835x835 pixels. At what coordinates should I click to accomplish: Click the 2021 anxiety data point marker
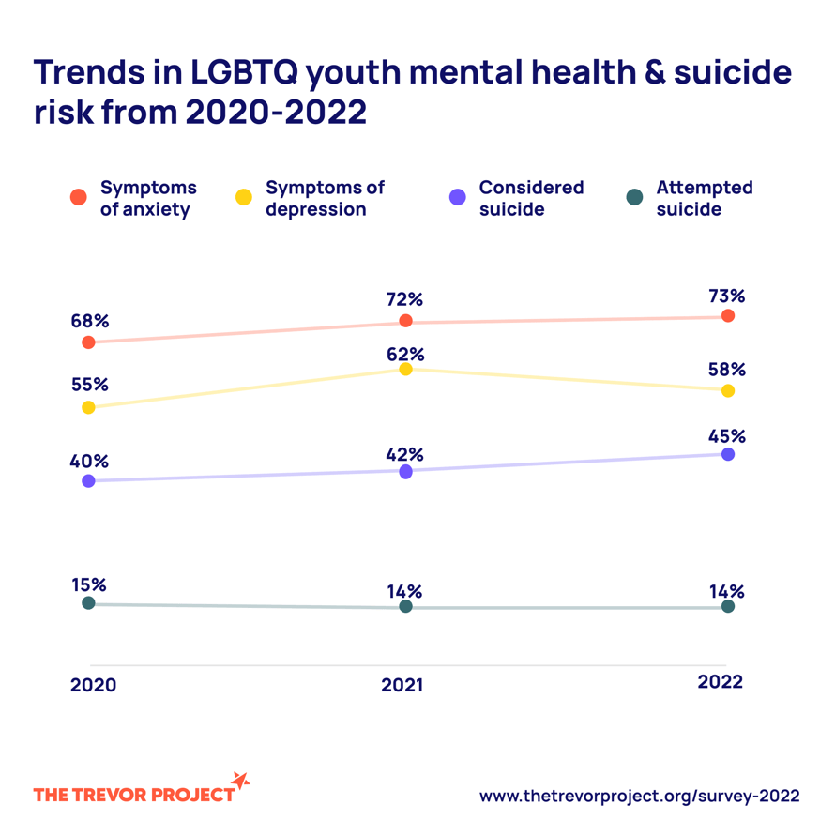405,321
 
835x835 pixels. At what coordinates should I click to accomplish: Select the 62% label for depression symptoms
405,355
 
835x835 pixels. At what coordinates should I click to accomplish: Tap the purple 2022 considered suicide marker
728,454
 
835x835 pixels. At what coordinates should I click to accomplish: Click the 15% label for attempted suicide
89,584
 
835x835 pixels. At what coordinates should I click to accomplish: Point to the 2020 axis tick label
93,685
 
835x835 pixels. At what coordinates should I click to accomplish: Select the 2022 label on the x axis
720,682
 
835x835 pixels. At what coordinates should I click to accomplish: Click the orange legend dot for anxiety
79,197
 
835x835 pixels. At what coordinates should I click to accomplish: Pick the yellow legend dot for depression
243,197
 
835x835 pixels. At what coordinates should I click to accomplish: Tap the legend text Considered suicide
531,198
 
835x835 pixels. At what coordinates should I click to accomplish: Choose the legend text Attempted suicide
704,198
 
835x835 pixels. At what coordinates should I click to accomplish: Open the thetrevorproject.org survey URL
639,796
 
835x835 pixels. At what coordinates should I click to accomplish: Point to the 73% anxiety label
727,296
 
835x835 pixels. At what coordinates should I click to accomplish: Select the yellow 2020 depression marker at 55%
89,407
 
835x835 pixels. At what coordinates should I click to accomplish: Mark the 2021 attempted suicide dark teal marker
405,607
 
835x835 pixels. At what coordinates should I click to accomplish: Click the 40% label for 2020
89,462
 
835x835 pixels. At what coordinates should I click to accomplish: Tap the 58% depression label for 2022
727,369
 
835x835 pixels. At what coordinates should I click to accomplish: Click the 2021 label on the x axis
402,685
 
